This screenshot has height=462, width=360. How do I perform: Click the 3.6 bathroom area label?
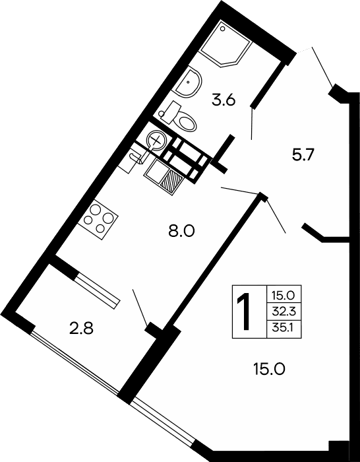pos(224,100)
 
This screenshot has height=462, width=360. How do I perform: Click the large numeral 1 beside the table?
pos(245,312)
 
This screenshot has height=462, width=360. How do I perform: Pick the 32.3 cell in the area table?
pos(284,312)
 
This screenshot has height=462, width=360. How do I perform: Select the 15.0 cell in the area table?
pos(284,296)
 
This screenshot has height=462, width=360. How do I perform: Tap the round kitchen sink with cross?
pos(157,139)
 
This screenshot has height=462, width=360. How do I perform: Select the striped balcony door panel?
pos(97,288)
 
